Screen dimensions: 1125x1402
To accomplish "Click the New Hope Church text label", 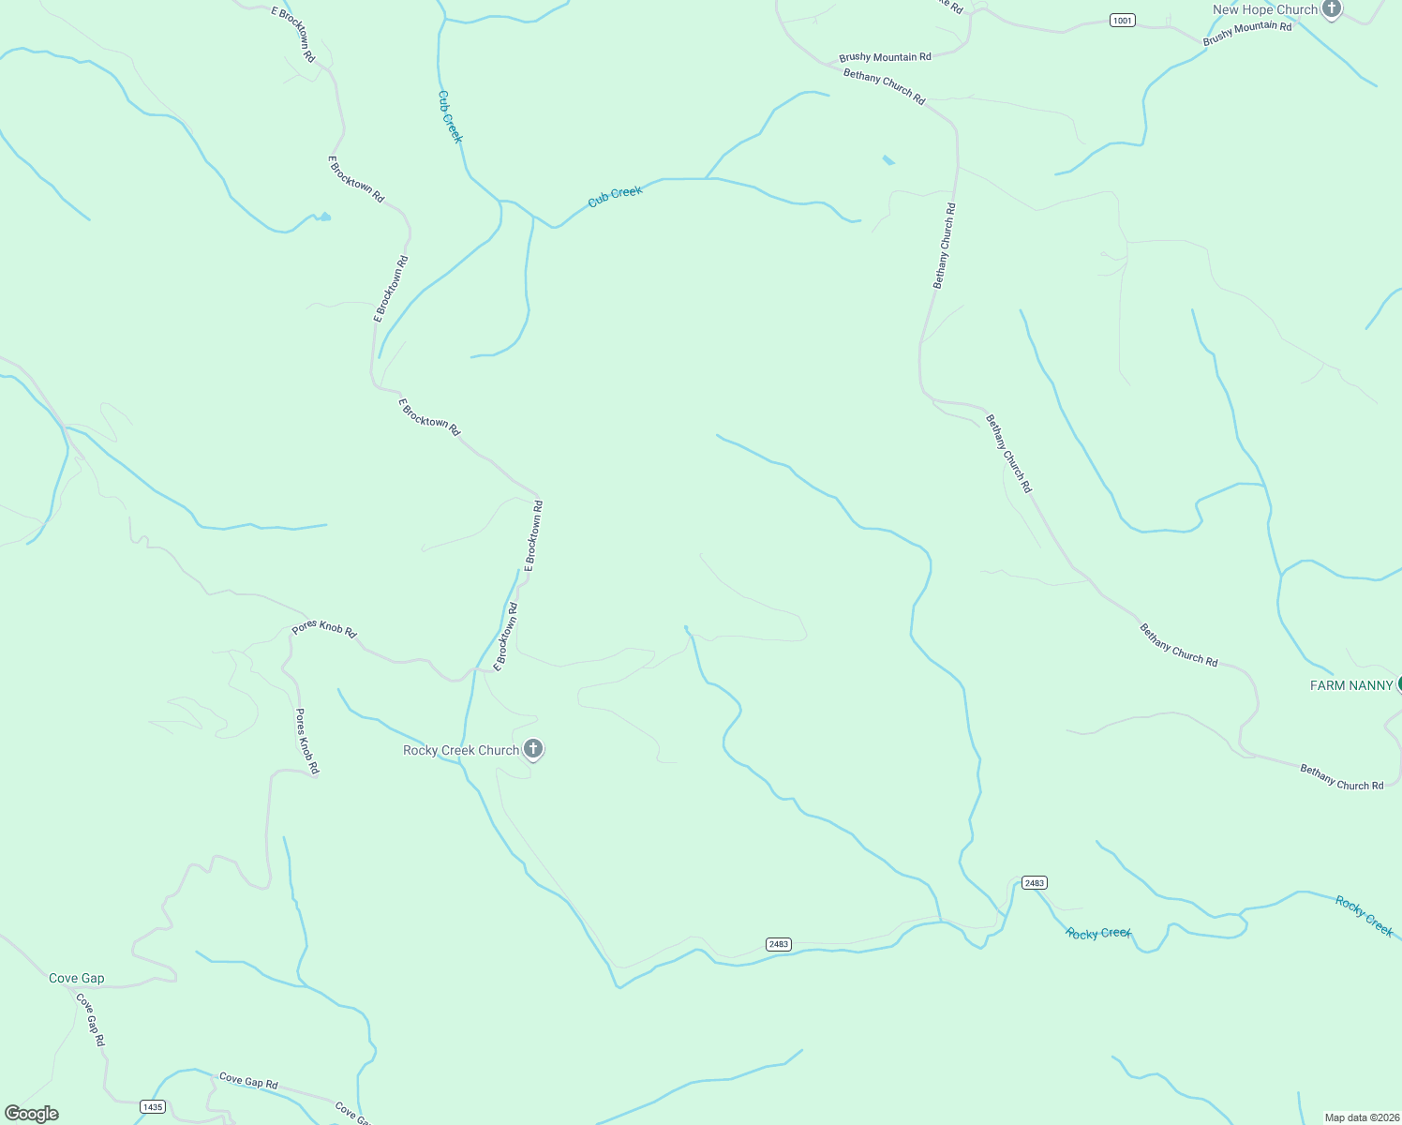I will [1264, 10].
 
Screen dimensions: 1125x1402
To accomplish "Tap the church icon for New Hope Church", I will [1332, 9].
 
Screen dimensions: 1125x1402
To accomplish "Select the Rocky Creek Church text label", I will [460, 750].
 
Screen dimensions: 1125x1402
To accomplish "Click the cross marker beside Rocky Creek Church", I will [533, 748].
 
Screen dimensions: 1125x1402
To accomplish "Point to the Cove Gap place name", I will [77, 978].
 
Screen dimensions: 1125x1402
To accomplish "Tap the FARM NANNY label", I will [1350, 685].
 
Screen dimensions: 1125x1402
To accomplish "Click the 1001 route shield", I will [1122, 20].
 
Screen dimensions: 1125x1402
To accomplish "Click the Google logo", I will [32, 1114].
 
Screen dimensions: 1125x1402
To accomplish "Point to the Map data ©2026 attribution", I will [1360, 1117].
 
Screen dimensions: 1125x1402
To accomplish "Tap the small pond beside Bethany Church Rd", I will [887, 160].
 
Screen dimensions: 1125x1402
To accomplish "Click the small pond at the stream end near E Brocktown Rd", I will [322, 217].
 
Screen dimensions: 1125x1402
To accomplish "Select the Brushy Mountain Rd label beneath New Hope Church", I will [1246, 33].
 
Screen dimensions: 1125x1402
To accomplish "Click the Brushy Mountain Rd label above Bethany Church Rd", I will [885, 57].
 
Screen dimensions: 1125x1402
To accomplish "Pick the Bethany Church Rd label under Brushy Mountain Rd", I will [884, 86].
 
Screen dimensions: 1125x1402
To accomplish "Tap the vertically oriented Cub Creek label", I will [451, 116].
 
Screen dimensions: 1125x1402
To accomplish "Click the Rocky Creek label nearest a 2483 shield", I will [1098, 934].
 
